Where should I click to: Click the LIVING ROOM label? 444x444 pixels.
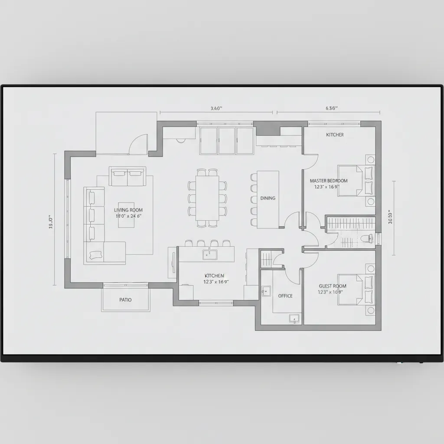128,210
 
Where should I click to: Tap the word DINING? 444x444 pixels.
268,198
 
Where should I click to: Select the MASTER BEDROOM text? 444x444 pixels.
329,180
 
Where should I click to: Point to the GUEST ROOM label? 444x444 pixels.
333,286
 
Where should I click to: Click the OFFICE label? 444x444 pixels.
285,296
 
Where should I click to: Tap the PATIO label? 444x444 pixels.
125,300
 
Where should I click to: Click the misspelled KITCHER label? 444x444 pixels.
335,135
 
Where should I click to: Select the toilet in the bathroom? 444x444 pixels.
369,238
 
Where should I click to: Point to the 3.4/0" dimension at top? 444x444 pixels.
216,109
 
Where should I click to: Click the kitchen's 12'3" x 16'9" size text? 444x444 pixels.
215,281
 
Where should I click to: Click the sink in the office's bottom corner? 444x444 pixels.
294,319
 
